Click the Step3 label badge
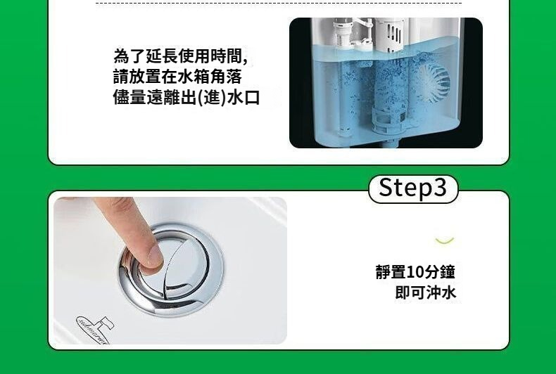tap(413, 189)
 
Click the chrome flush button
tap(171, 269)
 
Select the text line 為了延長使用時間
tap(180, 56)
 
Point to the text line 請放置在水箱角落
tap(177, 77)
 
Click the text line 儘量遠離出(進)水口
tap(187, 98)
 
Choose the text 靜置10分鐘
tap(415, 272)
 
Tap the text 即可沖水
tap(426, 292)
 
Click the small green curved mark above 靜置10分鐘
tap(445, 241)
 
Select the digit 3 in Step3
tap(439, 188)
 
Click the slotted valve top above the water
tap(389, 34)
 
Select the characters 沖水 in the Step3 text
tap(441, 292)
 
